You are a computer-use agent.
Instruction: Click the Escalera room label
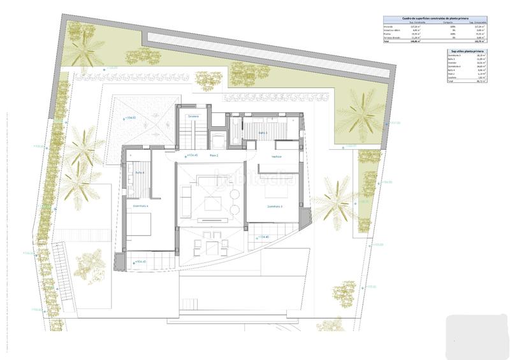coord(193,116)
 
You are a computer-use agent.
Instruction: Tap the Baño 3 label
coord(263,133)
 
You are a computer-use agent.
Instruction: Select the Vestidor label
coord(277,155)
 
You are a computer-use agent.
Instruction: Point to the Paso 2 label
coord(213,155)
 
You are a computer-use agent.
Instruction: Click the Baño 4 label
coord(139,172)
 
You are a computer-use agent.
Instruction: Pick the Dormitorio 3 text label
coord(275,206)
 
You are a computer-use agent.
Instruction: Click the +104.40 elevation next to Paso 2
coord(192,155)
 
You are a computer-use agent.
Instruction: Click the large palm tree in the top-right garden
coord(362,115)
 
